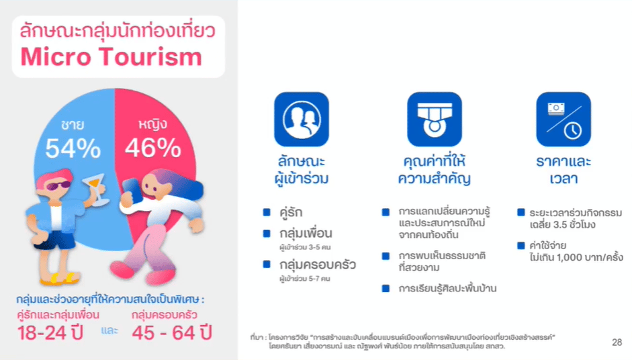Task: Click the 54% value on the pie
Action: (x=73, y=148)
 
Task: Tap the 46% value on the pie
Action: (x=152, y=147)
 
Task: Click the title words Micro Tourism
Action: (x=111, y=57)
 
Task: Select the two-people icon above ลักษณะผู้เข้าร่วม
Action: (x=302, y=120)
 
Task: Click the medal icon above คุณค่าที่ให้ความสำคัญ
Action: (x=434, y=120)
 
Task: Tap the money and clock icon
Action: (x=563, y=120)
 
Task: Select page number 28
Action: (x=617, y=343)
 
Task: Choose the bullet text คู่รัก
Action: (x=291, y=212)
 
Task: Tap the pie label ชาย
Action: (x=73, y=124)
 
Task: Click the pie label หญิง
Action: (x=152, y=124)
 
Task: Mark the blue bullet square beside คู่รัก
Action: (x=267, y=212)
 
